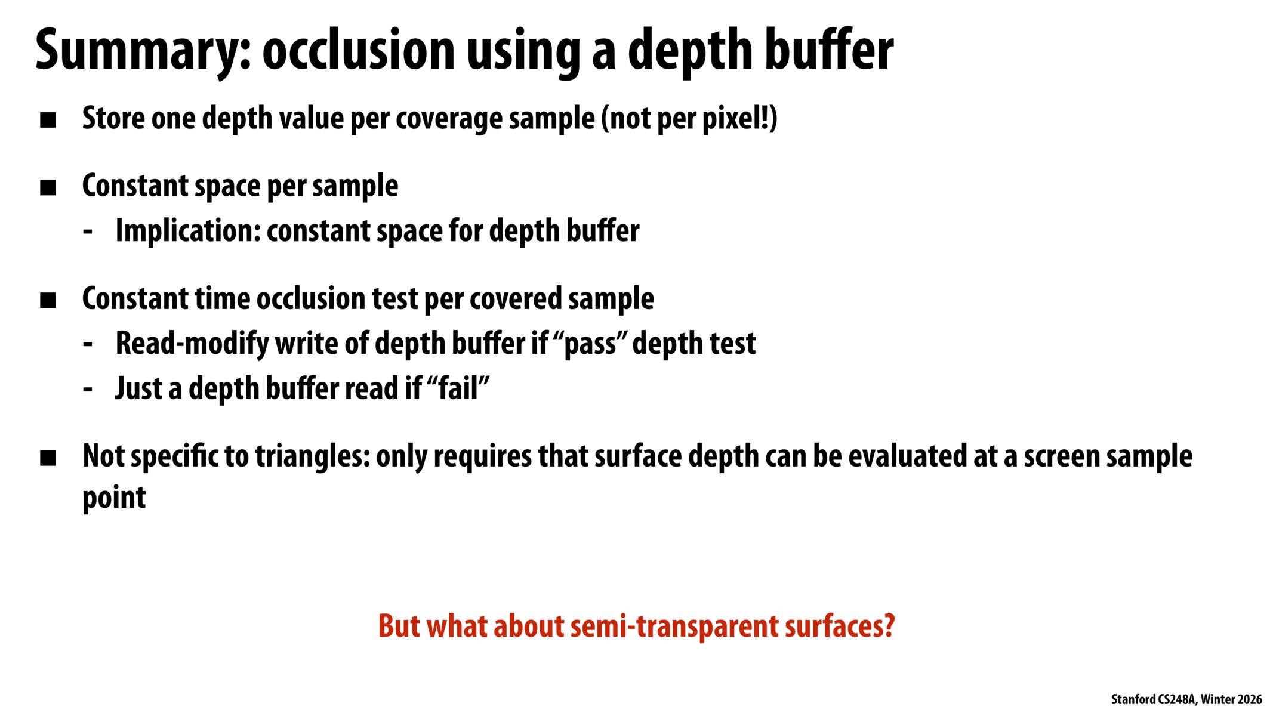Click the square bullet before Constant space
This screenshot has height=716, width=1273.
coord(48,189)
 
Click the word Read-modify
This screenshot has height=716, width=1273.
coord(192,344)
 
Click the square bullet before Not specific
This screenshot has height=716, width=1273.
coord(48,459)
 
